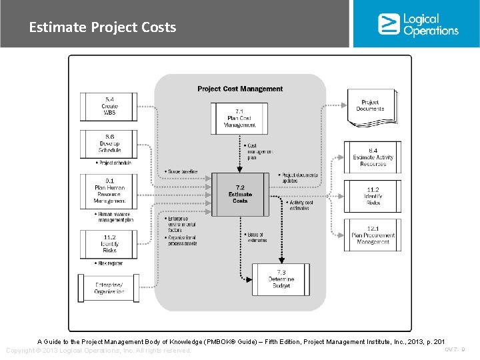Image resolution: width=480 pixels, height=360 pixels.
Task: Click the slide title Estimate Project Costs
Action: tap(102, 27)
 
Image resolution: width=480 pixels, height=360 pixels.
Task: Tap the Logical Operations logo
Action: tap(418, 24)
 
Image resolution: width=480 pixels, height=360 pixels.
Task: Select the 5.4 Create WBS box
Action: tap(109, 107)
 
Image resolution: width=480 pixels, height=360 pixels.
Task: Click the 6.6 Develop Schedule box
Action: tap(109, 143)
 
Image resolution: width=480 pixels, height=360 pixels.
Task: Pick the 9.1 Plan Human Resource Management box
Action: tap(109, 191)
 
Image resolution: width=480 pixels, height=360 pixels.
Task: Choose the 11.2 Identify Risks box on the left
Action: tap(109, 244)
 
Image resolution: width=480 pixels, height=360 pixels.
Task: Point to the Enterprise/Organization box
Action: tap(109, 288)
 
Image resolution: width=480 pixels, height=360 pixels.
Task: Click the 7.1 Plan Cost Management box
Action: tap(241, 117)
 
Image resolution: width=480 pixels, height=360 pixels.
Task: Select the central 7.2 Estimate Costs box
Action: tap(240, 194)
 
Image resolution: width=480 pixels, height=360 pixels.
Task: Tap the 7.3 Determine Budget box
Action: tap(281, 279)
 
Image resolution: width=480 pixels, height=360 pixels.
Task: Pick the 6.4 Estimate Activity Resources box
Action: tap(373, 157)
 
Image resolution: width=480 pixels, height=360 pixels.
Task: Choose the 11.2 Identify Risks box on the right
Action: tap(373, 196)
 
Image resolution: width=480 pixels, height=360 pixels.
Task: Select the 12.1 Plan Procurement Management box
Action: tap(373, 235)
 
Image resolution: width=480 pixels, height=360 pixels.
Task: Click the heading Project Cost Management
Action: tap(240, 89)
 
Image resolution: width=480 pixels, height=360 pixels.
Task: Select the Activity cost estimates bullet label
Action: tap(301, 205)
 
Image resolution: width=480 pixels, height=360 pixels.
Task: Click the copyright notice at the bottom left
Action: tap(99, 351)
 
